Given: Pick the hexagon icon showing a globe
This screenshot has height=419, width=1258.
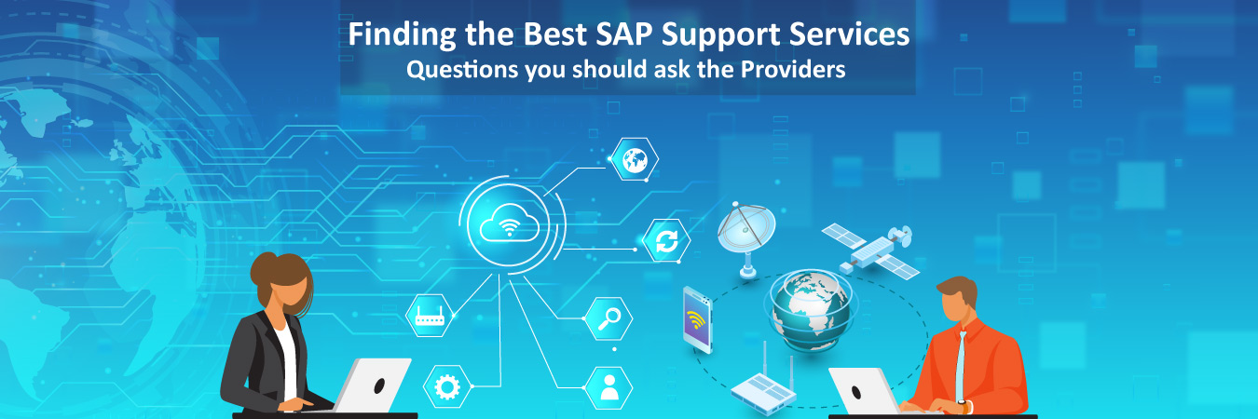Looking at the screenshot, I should pos(636,158).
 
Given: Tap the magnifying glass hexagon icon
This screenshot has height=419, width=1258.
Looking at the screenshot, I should pos(609,318).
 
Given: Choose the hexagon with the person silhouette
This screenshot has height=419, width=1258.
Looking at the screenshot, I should pos(609,385).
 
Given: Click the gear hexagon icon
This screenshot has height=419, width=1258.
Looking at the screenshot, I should pos(446,385).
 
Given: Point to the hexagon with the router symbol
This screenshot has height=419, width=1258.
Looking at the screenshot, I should pos(430,317).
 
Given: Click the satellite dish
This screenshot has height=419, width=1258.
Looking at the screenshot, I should pos(745,234).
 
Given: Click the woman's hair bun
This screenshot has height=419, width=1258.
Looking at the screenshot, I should pos(265,262).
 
